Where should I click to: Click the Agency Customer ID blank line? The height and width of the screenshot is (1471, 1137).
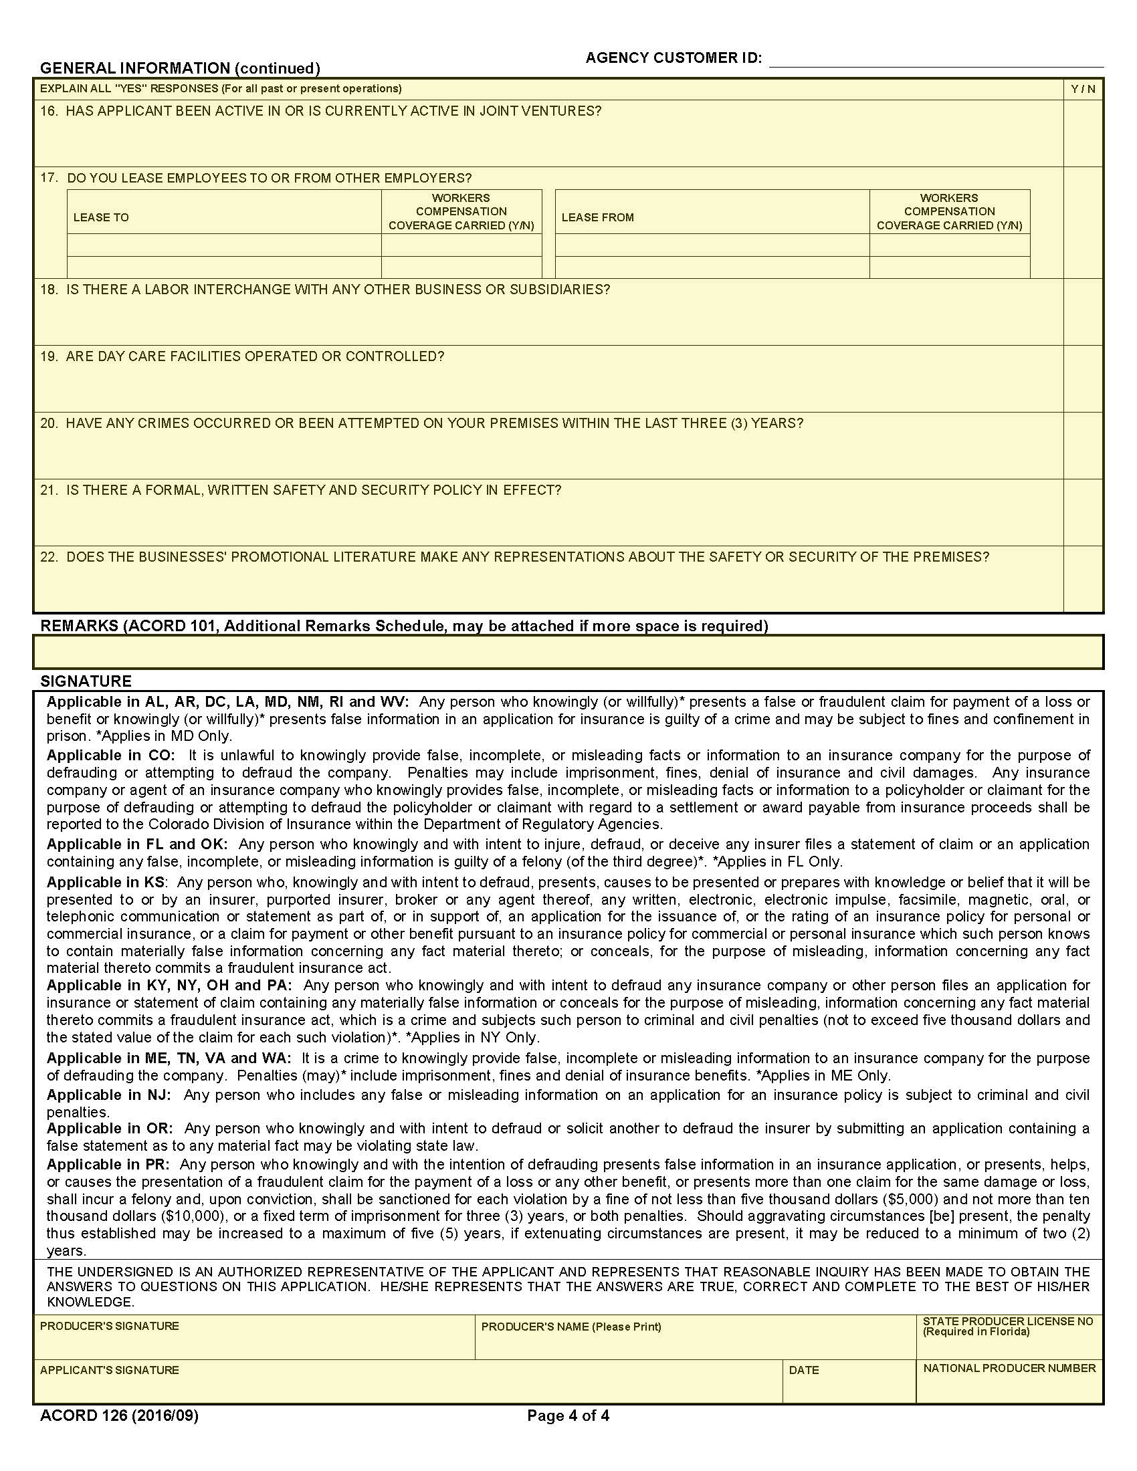(936, 60)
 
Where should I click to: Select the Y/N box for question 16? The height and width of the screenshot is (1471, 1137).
(1082, 133)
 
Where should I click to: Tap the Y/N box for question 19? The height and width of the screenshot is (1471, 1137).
(1082, 378)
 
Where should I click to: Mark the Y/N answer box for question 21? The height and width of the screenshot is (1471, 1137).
(1082, 513)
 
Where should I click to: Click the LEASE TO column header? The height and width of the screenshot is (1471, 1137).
(101, 217)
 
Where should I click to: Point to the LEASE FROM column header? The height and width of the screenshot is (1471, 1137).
(597, 217)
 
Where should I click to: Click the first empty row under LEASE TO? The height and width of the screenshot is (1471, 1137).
(224, 245)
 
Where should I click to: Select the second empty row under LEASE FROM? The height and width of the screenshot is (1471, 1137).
(712, 267)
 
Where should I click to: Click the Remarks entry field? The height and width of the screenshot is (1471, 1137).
(568, 651)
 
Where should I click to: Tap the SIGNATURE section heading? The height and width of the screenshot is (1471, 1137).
(86, 681)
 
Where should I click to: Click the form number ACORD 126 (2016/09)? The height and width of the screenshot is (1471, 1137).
(119, 1416)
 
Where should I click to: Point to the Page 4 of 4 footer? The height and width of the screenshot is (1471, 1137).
(568, 1416)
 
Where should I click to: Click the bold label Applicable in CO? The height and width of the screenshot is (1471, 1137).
(110, 755)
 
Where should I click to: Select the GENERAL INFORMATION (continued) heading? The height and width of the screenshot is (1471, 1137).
(180, 68)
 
